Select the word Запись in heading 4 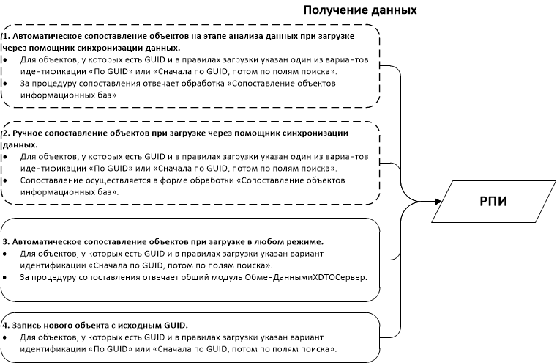26,325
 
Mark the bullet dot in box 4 5,337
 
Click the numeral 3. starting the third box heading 7,241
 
